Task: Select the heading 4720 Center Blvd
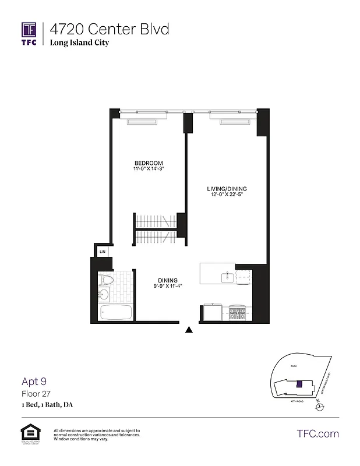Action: (x=110, y=29)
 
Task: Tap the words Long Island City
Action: (x=79, y=43)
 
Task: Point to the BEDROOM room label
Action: (x=149, y=163)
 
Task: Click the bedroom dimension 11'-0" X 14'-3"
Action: (x=149, y=169)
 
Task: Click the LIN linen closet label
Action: (x=102, y=251)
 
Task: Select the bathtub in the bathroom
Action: (x=116, y=313)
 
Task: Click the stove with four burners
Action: (x=238, y=313)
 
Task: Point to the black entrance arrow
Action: (x=189, y=330)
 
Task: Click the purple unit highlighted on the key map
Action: (x=299, y=384)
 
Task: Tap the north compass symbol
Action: (x=317, y=406)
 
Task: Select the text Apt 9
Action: (x=34, y=382)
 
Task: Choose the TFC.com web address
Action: (x=317, y=433)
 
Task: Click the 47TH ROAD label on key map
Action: (x=297, y=401)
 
